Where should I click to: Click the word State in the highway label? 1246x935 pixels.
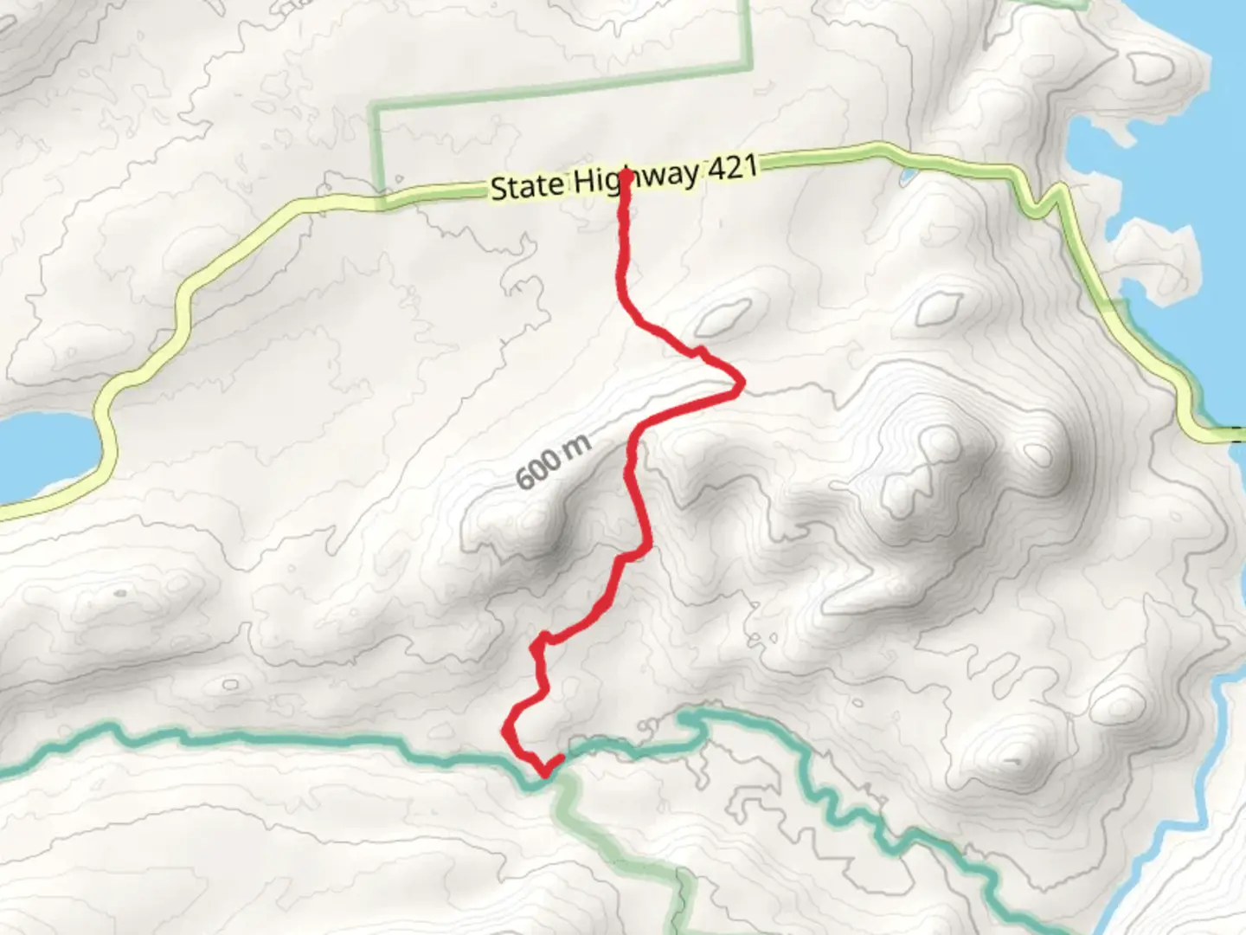tap(526, 186)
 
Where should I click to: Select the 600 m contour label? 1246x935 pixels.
tap(553, 462)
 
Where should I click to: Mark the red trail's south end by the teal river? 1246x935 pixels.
tap(561, 759)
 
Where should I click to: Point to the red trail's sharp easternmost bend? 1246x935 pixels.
tap(740, 383)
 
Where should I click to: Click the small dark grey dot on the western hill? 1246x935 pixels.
tap(119, 594)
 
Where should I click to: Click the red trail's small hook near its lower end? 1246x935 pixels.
tap(540, 642)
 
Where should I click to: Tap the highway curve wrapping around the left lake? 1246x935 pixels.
tap(108, 433)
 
